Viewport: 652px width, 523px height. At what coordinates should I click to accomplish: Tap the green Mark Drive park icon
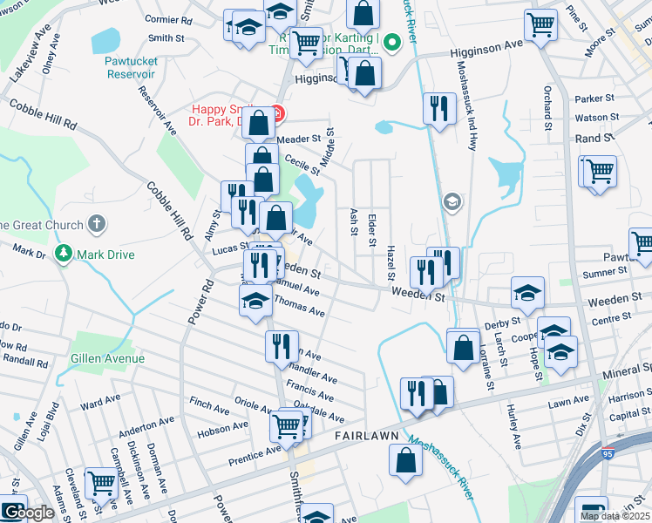click(x=64, y=254)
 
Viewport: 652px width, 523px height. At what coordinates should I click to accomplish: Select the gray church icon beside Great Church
click(x=97, y=224)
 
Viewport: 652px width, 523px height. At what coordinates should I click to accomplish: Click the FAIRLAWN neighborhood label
click(x=366, y=435)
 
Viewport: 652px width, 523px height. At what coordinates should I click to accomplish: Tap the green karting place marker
click(x=392, y=40)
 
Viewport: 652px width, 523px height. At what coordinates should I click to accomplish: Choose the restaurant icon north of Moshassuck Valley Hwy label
click(x=438, y=109)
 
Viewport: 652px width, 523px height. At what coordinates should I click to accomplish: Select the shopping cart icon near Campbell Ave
click(x=102, y=482)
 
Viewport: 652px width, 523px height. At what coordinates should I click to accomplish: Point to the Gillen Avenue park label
click(x=109, y=358)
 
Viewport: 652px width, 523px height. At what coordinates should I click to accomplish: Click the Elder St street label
click(x=373, y=222)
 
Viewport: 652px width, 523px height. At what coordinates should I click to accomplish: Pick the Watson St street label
click(x=596, y=117)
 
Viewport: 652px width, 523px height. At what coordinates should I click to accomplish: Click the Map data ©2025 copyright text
click(x=615, y=516)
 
